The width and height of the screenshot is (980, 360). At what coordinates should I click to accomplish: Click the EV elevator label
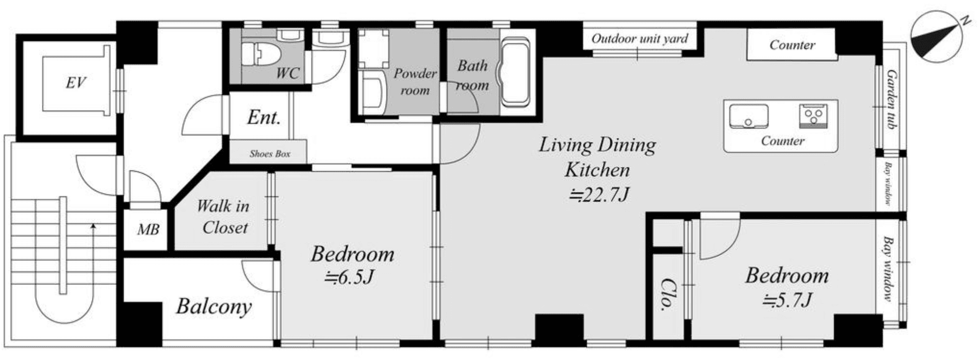76,82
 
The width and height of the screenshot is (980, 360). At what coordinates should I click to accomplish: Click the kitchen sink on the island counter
748,116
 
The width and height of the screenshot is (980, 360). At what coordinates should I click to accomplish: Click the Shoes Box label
269,153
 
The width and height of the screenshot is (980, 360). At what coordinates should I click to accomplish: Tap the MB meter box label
148,230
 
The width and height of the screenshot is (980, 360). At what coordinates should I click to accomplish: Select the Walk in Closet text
224,217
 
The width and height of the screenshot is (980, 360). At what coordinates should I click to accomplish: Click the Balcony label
214,306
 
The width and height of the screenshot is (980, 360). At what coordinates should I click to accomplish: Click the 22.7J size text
599,195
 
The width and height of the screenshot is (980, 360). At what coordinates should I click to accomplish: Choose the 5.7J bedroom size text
787,300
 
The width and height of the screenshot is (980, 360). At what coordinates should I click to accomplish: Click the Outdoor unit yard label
640,38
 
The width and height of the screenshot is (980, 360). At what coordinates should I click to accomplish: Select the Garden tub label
892,100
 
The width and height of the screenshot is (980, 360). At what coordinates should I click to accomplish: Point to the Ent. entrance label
263,117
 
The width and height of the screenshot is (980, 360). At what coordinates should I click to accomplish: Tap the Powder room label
415,82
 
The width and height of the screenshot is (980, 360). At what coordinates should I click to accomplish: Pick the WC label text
287,74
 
